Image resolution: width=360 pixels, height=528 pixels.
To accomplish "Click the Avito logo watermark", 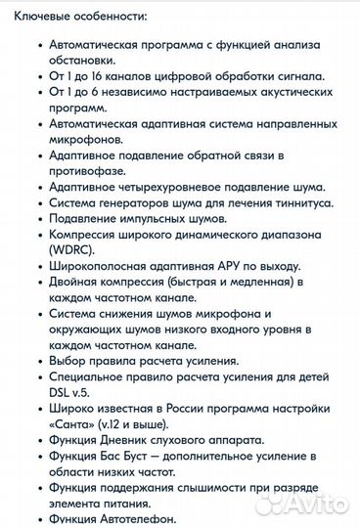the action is coord(308,503).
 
